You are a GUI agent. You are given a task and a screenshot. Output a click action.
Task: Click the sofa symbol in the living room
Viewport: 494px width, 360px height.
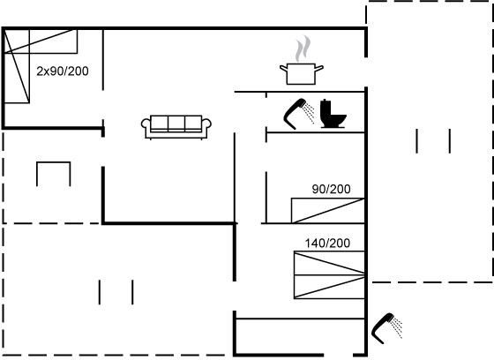tap(176, 127)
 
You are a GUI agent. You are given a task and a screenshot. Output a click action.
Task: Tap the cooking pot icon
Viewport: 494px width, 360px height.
tap(301, 74)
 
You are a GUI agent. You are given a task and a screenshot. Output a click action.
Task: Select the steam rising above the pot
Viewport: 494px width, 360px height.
tap(303, 49)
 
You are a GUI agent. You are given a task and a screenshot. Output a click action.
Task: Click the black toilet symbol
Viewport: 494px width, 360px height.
tap(333, 114)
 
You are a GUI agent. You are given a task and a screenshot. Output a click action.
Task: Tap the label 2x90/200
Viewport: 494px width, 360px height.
tap(63, 71)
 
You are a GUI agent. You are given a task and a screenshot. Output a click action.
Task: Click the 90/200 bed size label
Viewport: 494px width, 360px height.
tap(331, 189)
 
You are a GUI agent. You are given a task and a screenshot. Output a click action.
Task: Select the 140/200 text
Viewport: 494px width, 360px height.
tap(327, 243)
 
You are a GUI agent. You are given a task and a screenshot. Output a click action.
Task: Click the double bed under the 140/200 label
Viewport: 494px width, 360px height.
tap(329, 275)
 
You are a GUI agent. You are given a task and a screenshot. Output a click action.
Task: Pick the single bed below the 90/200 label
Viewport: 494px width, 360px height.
tap(328, 211)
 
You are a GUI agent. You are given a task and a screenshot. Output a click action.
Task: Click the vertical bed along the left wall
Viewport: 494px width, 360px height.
tap(17, 66)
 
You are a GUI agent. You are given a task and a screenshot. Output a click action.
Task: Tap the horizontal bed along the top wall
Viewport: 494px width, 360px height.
tap(41, 41)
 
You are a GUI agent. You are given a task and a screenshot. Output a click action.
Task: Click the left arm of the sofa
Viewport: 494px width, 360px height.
tap(146, 126)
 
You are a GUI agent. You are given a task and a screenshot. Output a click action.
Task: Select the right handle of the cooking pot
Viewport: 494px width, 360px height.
tap(319, 68)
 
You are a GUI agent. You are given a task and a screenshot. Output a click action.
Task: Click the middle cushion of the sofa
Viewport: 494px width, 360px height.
tap(176, 123)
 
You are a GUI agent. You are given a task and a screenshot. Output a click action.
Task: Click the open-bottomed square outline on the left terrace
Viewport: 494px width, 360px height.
tap(54, 162)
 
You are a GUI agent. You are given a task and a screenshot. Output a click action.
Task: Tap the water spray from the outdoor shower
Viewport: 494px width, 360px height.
tap(397, 327)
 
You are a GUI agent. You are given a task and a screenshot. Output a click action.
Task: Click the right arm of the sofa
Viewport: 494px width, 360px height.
tap(206, 126)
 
